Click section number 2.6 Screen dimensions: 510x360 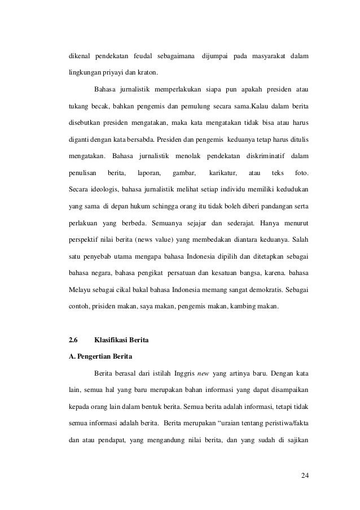[x=72, y=340]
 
